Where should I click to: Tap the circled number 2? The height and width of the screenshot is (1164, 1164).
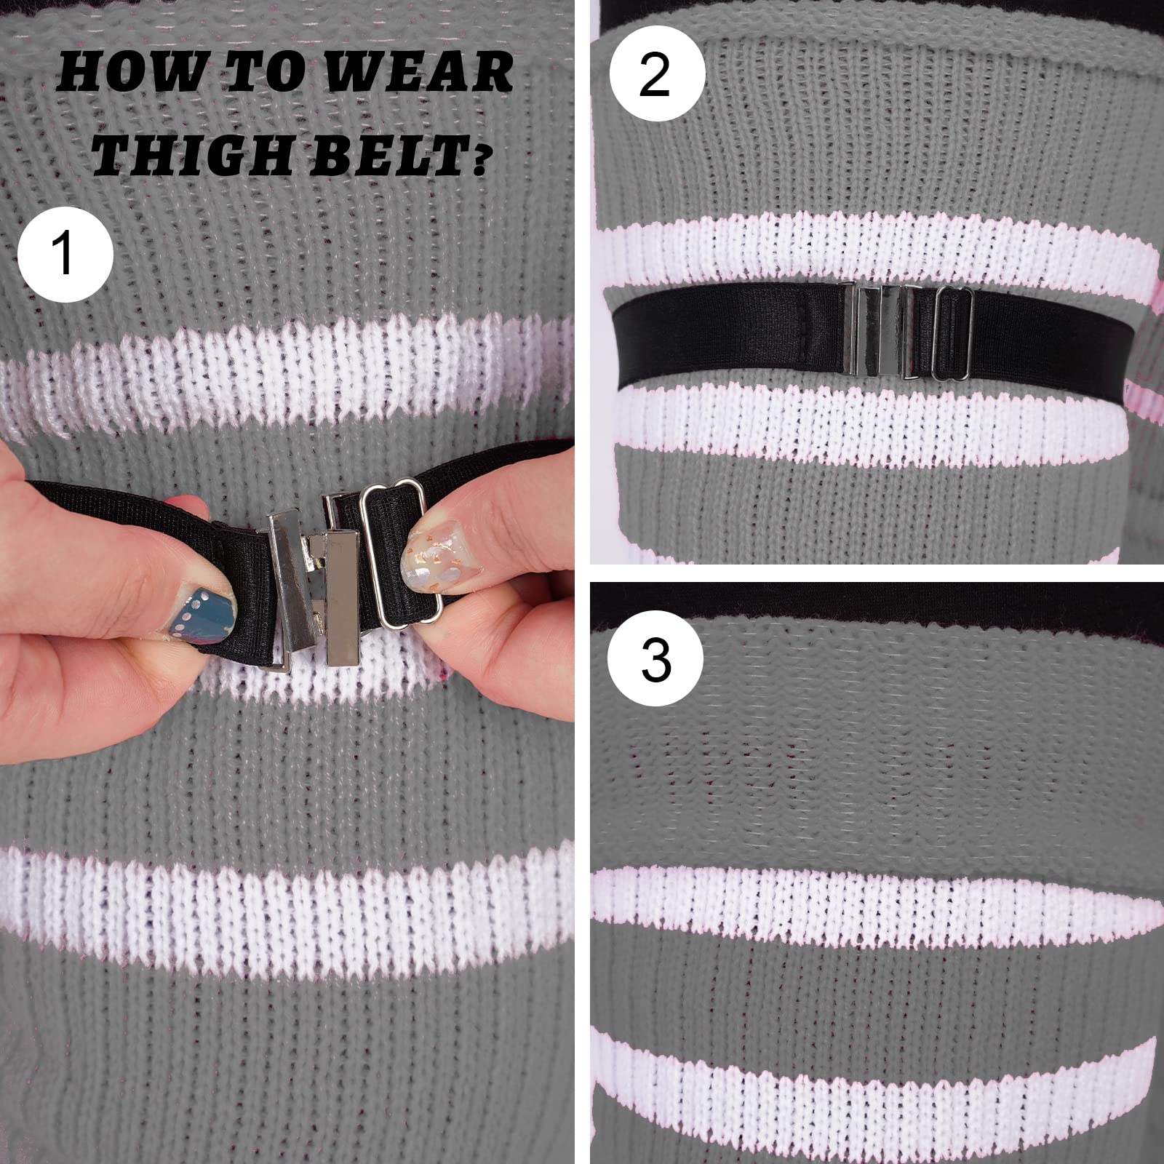(x=657, y=75)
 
